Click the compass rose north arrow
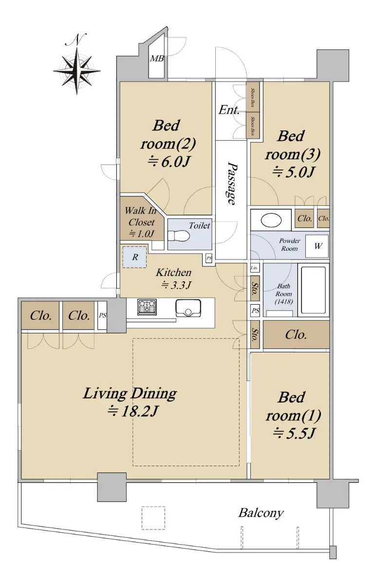click(76, 64)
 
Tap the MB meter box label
click(157, 59)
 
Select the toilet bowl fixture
click(178, 236)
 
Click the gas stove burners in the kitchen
click(147, 307)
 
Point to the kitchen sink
click(188, 308)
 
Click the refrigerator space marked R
click(134, 257)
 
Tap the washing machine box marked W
click(317, 246)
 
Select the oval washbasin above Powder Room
click(271, 220)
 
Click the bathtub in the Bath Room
click(313, 290)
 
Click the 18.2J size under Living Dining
click(133, 411)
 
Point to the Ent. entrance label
click(229, 110)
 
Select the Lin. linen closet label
click(254, 268)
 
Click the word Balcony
click(261, 513)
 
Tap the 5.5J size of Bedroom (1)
click(294, 433)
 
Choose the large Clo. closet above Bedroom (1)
click(296, 334)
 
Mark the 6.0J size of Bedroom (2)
click(169, 163)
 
